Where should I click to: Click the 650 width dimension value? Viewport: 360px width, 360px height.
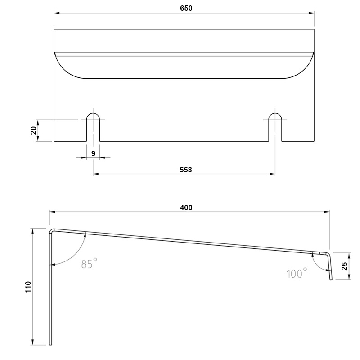pyautogui.click(x=186, y=8)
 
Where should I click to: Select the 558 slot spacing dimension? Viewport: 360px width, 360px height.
pyautogui.click(x=185, y=170)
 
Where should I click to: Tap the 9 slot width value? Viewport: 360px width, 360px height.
pyautogui.click(x=93, y=153)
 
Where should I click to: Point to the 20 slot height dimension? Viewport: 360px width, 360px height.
pyautogui.click(x=34, y=130)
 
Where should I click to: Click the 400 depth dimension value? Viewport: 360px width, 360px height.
pyautogui.click(x=186, y=207)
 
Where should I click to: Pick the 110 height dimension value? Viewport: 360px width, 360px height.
pyautogui.click(x=28, y=287)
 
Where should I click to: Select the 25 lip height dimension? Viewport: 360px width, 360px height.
pyautogui.click(x=345, y=266)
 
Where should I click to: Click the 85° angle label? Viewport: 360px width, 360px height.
pyautogui.click(x=89, y=263)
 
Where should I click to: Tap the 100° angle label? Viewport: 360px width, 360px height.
pyautogui.click(x=297, y=273)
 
